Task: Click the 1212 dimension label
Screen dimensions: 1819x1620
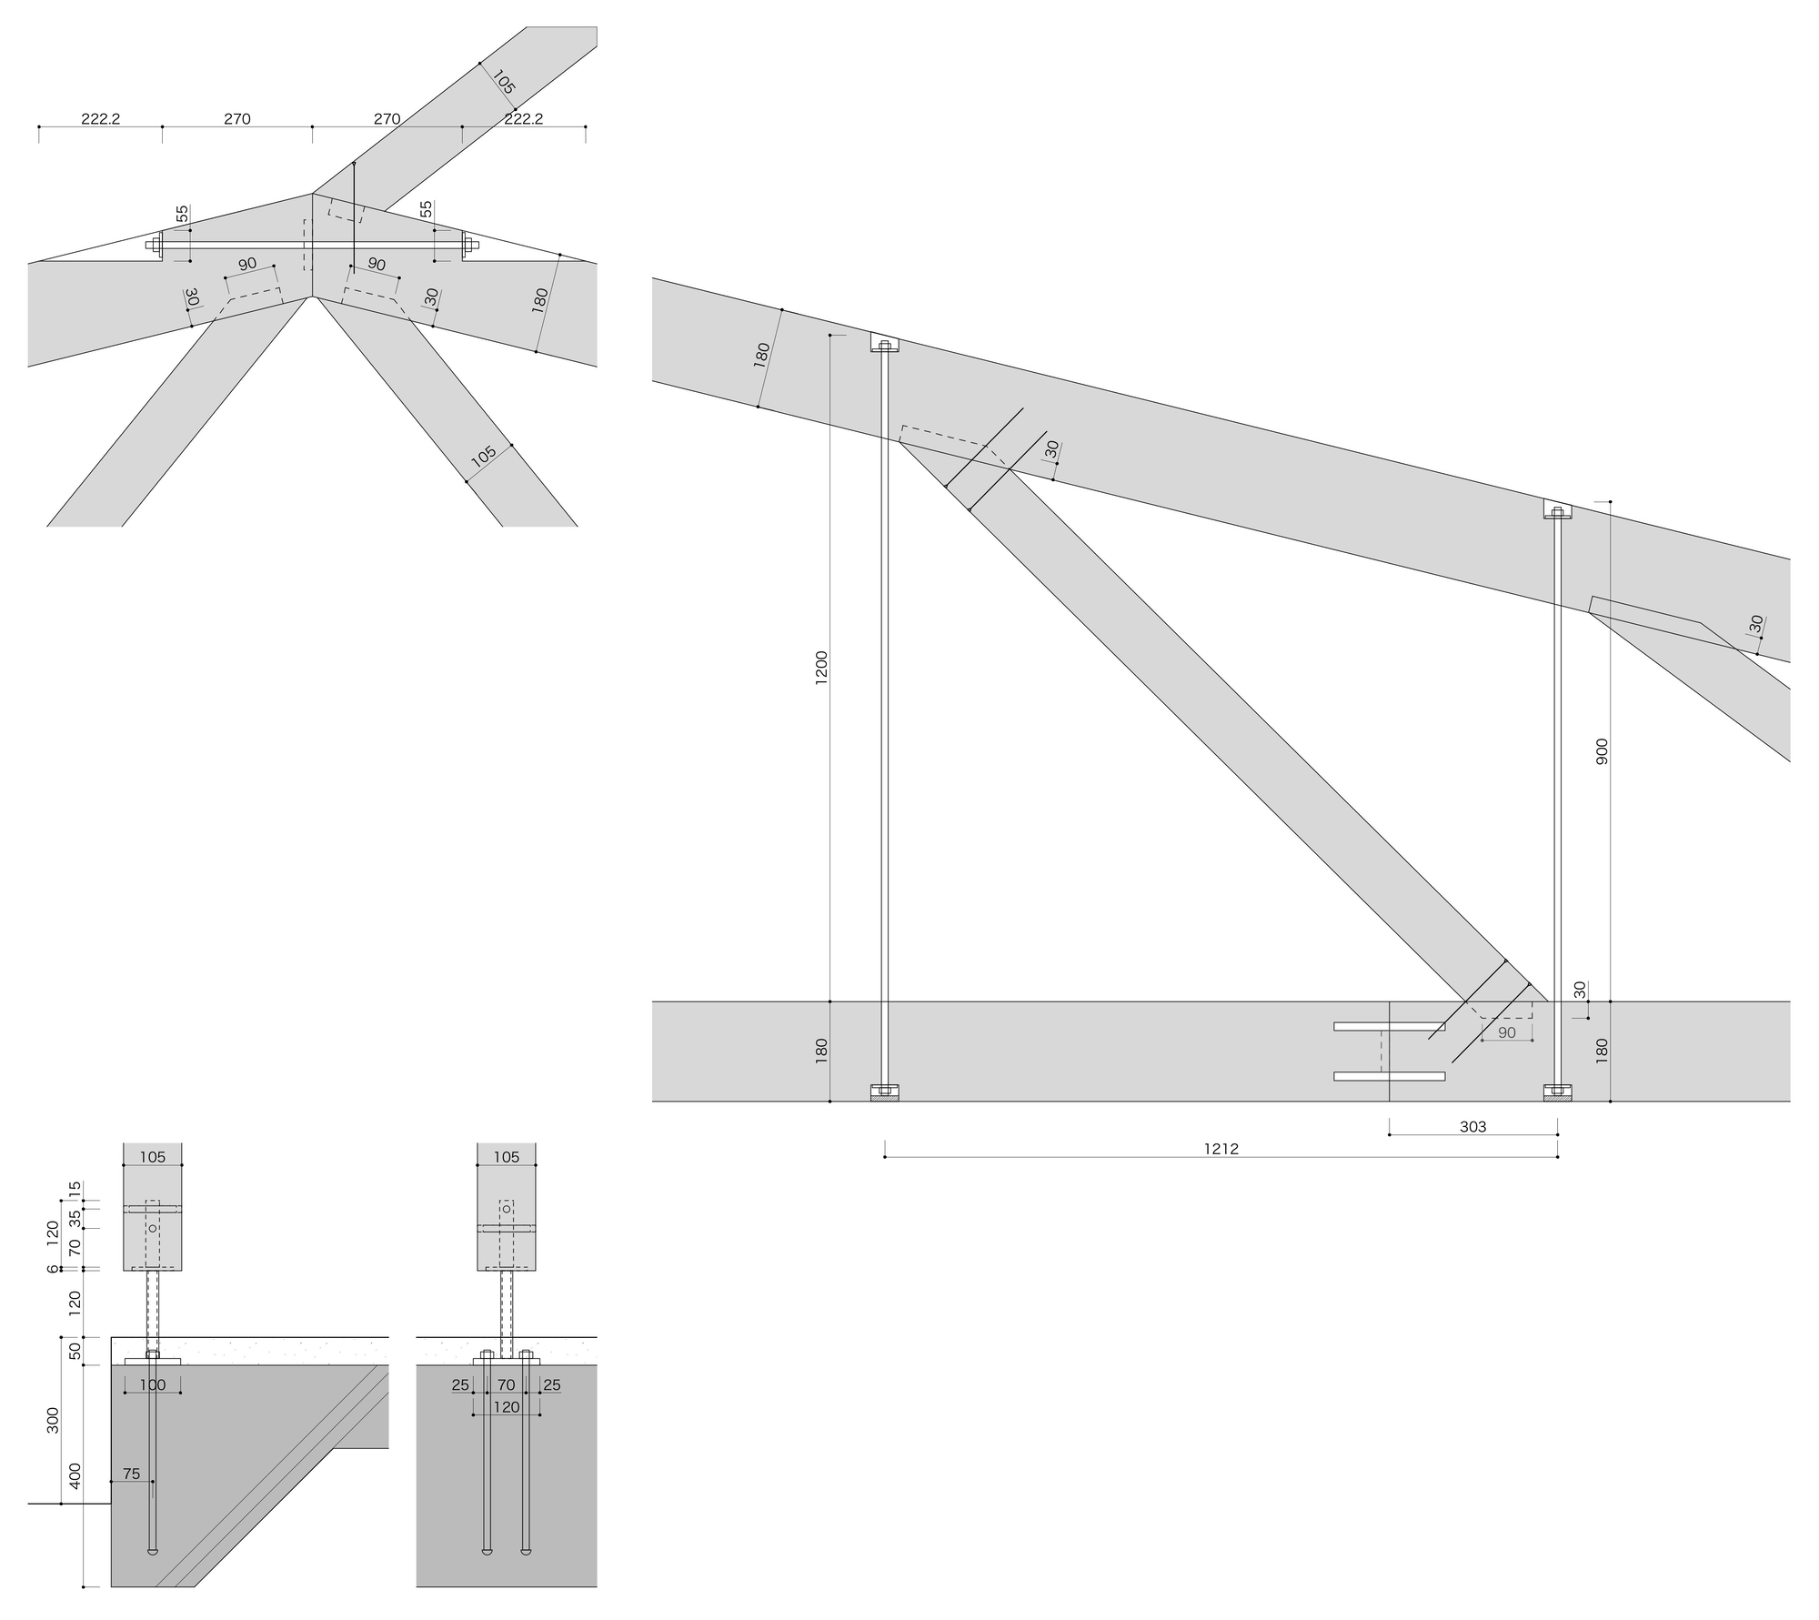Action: (x=1221, y=1149)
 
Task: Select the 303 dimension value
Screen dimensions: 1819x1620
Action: (x=1472, y=1127)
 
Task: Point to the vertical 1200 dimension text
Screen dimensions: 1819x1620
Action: (x=821, y=669)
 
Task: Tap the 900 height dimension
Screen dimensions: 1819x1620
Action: (x=1603, y=750)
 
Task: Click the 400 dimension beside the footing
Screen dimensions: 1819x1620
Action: (x=75, y=1474)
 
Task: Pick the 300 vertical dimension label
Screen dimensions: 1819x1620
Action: (x=53, y=1420)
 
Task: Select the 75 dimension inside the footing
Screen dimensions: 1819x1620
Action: (x=132, y=1474)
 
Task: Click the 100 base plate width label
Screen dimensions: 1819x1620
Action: (x=153, y=1385)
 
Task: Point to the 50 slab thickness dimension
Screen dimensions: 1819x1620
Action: (x=75, y=1351)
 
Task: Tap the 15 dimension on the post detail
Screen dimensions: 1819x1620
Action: (x=75, y=1188)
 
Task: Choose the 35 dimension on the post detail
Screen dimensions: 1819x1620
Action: (x=75, y=1219)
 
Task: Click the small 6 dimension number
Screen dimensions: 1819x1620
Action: (x=53, y=1268)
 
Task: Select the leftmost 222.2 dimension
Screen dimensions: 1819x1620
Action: (x=100, y=118)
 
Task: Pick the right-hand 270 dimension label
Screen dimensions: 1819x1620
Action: (x=387, y=118)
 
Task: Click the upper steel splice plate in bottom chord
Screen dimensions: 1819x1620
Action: (x=1389, y=1027)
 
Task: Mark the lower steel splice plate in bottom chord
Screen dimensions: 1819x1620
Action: (x=1389, y=1077)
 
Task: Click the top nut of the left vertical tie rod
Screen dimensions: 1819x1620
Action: (x=885, y=346)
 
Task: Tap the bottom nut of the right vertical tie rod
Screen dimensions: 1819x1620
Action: (x=1558, y=1090)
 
